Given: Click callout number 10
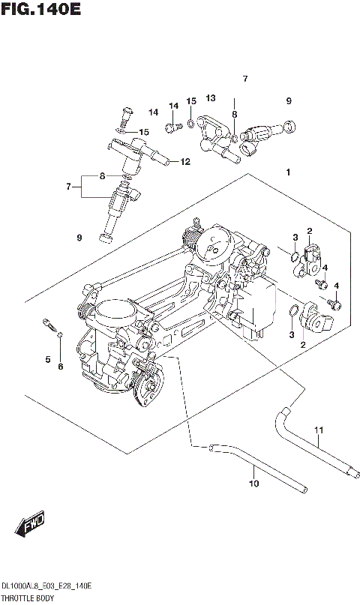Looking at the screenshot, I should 253,484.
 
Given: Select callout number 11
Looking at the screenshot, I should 318,430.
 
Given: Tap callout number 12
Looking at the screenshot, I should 184,161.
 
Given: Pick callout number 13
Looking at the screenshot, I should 211,98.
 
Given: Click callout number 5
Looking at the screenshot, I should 47,360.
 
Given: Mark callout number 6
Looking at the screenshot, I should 61,366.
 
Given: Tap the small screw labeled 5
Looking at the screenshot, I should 49,325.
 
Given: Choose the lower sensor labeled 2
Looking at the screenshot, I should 313,320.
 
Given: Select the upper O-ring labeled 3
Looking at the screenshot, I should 294,259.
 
